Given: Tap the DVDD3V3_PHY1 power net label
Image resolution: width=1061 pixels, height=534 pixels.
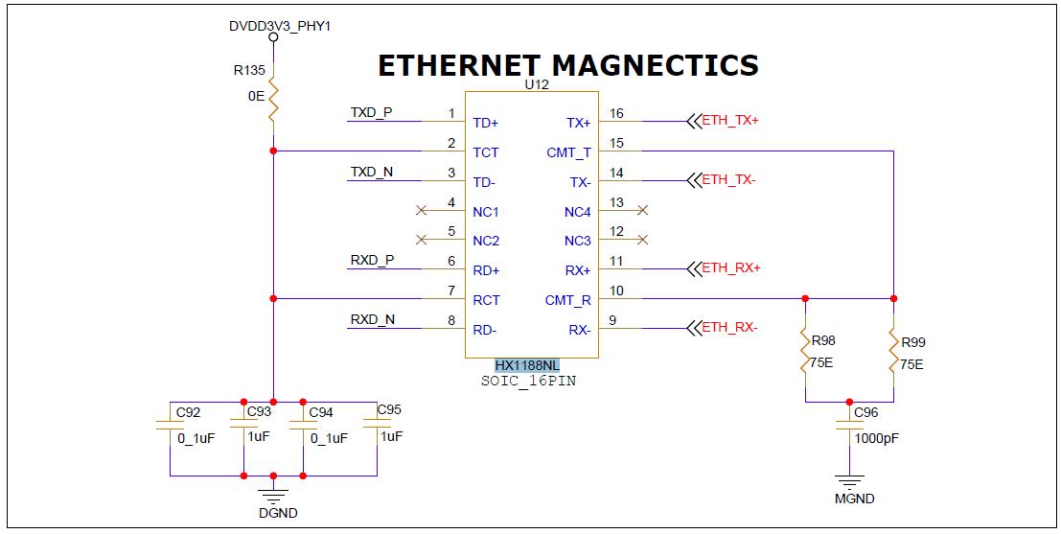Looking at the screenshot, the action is point(280,27).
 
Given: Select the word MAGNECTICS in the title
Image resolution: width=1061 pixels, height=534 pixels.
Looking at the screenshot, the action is point(655,65).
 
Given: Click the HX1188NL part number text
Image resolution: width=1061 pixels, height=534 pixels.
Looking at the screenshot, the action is point(527,365).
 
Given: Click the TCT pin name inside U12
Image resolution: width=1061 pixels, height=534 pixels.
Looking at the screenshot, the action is point(486,153).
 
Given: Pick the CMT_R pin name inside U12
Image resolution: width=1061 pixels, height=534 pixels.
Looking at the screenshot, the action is point(568,300).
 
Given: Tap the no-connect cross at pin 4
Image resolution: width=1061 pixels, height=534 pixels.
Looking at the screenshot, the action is point(421,211).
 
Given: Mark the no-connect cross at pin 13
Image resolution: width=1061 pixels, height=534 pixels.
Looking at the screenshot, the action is point(643,211).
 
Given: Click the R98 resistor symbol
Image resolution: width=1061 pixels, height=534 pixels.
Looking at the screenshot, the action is point(805,351).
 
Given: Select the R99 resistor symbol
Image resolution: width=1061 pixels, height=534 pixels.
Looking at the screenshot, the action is point(893,351).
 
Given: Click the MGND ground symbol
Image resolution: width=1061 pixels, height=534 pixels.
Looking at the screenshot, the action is point(849,482).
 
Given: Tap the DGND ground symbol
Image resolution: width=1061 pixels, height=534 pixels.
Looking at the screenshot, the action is point(273,496).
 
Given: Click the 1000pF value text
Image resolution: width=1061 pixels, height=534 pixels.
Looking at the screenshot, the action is point(877,438).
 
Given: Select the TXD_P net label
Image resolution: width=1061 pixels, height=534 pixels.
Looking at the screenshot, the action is point(371,112).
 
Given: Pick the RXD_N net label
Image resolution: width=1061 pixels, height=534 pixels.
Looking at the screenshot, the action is point(372,319).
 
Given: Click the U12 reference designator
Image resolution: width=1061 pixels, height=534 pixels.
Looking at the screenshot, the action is point(537,85).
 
